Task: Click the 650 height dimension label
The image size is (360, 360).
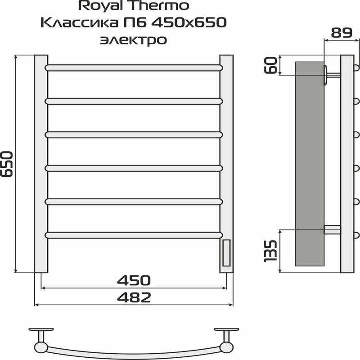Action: pyautogui.click(x=10, y=165)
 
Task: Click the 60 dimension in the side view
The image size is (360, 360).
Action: pyautogui.click(x=270, y=65)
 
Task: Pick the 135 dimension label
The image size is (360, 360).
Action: pyautogui.click(x=270, y=251)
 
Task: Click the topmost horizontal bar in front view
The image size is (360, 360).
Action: pyautogui.click(x=134, y=67)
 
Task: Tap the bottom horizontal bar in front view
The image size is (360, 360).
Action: pyautogui.click(x=134, y=234)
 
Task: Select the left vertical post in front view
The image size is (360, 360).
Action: pyautogui.click(x=41, y=164)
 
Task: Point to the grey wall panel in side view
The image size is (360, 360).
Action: pyautogui.click(x=309, y=164)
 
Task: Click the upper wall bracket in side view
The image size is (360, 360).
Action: pyautogui.click(x=332, y=75)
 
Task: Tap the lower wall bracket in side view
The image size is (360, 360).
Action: pyautogui.click(x=332, y=229)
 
